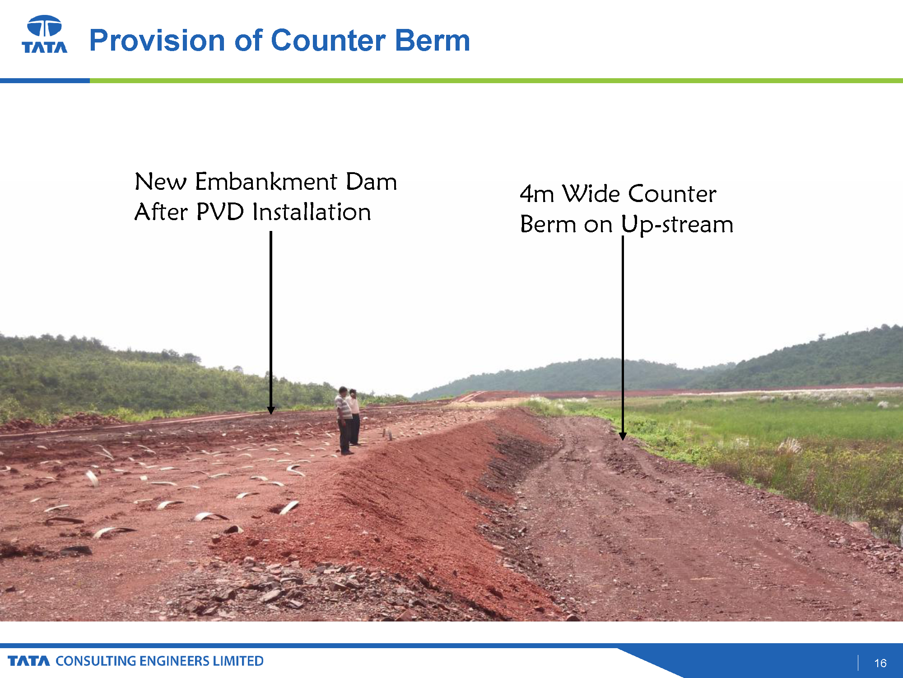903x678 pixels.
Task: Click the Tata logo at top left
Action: (x=45, y=34)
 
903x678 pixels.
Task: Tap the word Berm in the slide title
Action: (x=433, y=40)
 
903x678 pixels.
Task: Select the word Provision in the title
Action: (x=157, y=40)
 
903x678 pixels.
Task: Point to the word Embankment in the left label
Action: (x=266, y=182)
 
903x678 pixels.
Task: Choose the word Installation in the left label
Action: (x=312, y=212)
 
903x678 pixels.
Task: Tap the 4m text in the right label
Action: (x=537, y=194)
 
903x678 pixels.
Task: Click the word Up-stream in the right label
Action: (x=677, y=225)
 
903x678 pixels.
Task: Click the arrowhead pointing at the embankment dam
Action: (x=271, y=410)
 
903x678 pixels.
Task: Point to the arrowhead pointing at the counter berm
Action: (x=623, y=436)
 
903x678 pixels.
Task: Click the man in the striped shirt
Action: (x=344, y=420)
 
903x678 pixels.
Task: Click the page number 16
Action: (x=880, y=663)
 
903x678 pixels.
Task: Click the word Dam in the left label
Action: (x=371, y=182)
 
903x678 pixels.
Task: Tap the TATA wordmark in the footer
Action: (x=29, y=661)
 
